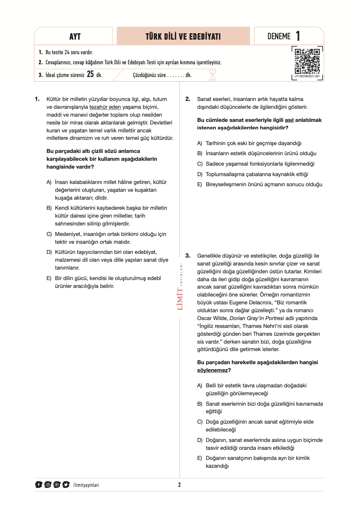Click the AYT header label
[x=75, y=36]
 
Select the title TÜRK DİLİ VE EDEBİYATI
[x=183, y=36]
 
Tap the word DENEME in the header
[x=279, y=36]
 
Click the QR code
[x=307, y=61]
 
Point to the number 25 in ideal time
[x=90, y=74]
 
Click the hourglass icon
[x=213, y=75]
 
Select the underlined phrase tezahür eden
[x=105, y=107]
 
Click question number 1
[x=37, y=99]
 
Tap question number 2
[x=188, y=99]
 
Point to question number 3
[x=188, y=256]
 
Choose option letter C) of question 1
[x=49, y=234]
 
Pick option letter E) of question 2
[x=199, y=184]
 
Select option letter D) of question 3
[x=199, y=440]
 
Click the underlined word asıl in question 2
[x=289, y=120]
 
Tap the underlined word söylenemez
[x=213, y=370]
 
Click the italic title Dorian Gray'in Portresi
[x=257, y=318]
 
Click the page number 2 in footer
[x=180, y=485]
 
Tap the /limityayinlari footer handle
[x=86, y=485]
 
